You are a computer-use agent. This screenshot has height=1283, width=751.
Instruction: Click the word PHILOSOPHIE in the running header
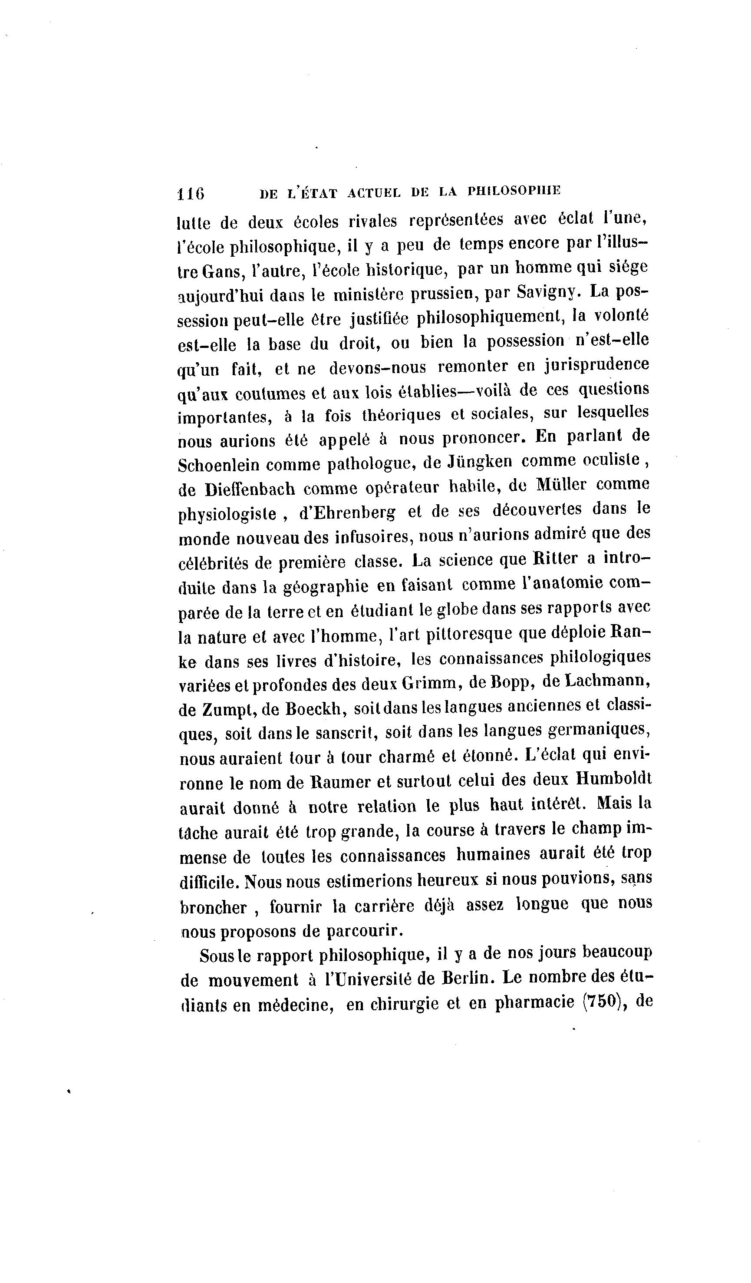coord(514,191)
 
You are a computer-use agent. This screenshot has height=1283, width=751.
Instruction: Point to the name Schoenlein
coord(219,465)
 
